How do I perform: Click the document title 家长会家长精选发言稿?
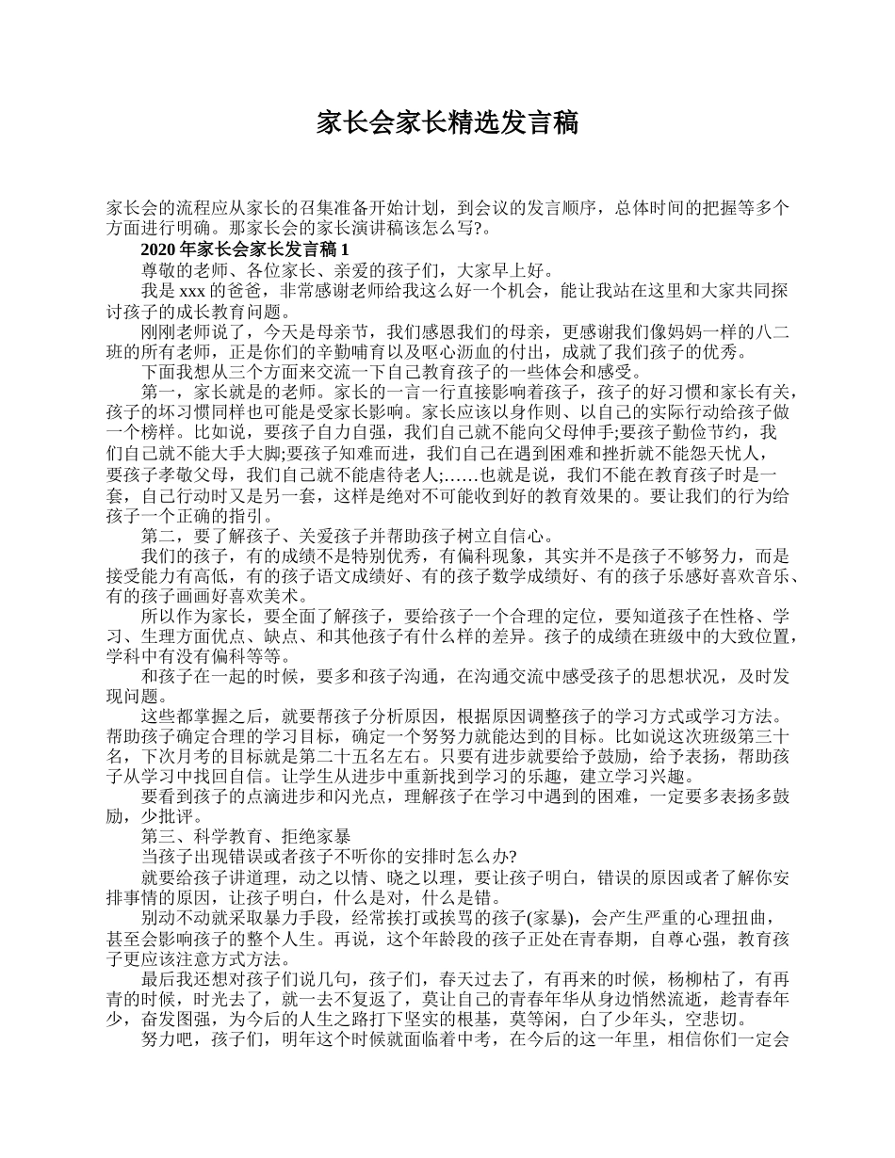pos(447,122)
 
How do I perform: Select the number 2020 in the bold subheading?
pos(157,249)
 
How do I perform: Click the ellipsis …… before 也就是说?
pos(457,474)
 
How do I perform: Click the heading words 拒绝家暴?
pos(316,835)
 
